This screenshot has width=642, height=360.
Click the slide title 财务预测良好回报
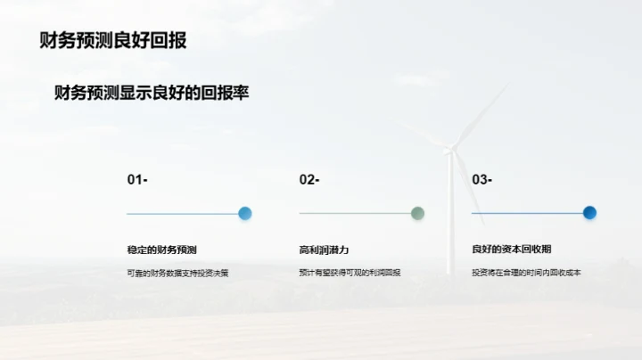pos(113,41)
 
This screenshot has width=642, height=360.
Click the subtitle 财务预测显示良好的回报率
pos(152,93)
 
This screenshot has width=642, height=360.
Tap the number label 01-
pos(137,180)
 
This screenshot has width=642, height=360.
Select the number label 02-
pos(309,180)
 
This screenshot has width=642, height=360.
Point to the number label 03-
pos(481,180)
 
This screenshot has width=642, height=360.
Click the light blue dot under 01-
pos(245,213)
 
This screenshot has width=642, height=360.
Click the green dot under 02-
pos(417,213)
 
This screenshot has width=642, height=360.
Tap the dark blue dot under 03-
pos(589,213)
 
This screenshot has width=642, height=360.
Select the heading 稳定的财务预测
pos(161,250)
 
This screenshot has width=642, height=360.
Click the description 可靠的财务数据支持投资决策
pos(178,273)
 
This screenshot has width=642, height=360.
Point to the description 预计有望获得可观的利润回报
pos(350,273)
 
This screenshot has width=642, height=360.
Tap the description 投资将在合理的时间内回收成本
pos(526,273)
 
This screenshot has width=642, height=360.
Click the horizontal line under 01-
pos(183,214)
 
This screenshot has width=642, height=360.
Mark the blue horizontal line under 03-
pos(527,214)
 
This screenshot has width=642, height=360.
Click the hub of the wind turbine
pos(452,148)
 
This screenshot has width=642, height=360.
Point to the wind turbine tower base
pos(451,267)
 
